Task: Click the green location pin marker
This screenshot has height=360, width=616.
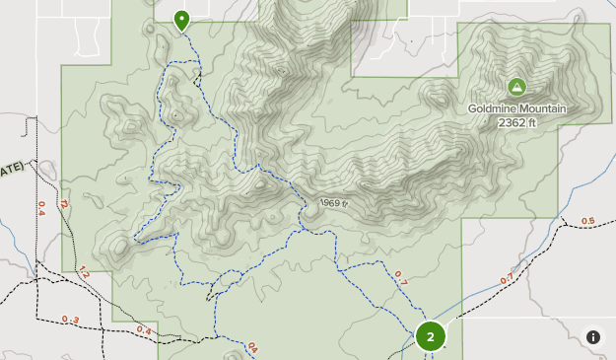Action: (x=182, y=19)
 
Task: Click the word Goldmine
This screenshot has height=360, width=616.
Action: (x=495, y=108)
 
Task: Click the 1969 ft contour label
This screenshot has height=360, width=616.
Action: (x=334, y=203)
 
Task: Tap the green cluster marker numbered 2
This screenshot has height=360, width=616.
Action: (x=430, y=335)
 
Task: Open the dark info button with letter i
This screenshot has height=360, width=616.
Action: (x=593, y=336)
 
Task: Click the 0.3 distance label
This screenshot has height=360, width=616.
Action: (x=70, y=319)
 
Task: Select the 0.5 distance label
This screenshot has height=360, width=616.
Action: (x=588, y=221)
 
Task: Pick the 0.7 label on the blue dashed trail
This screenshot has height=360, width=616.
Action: (x=400, y=277)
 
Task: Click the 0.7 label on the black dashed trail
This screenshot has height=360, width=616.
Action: (x=507, y=279)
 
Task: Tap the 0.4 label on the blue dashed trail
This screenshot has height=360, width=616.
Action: (x=252, y=347)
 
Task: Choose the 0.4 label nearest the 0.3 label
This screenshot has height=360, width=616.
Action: (x=144, y=329)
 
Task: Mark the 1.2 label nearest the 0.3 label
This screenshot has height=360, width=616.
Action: (x=84, y=272)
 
